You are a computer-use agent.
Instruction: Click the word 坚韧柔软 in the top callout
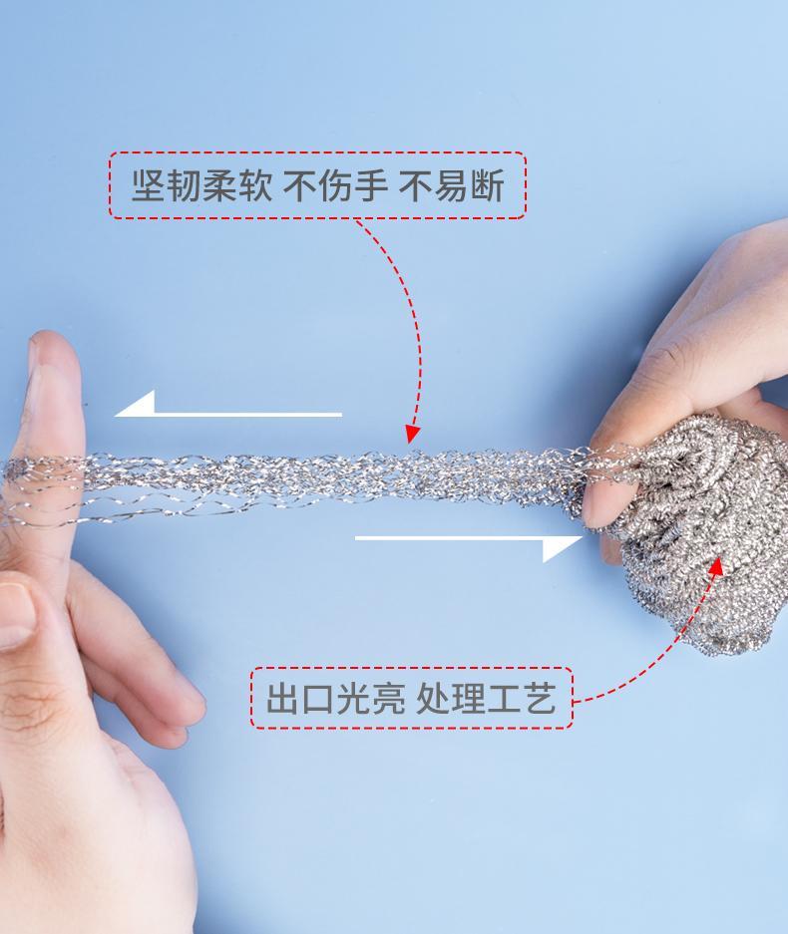coord(201,185)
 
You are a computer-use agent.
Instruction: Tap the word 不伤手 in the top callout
coord(335,185)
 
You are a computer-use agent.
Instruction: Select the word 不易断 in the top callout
coord(451,185)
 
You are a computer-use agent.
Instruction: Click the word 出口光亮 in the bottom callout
coord(335,698)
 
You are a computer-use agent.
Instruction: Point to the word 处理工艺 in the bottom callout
coord(486,698)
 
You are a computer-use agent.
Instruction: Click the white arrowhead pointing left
coord(136,404)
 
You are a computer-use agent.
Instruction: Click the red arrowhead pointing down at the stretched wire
coord(412,434)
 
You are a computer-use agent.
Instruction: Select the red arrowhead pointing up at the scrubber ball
coord(717,566)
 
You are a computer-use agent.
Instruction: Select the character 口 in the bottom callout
coord(318,698)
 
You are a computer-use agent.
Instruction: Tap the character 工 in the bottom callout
coord(504,698)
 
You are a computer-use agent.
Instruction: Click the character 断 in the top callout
coord(487,185)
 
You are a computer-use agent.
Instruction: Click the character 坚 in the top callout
coord(149,185)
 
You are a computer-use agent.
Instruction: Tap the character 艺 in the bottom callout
coord(540,698)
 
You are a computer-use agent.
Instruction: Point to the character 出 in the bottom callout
coord(282,698)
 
